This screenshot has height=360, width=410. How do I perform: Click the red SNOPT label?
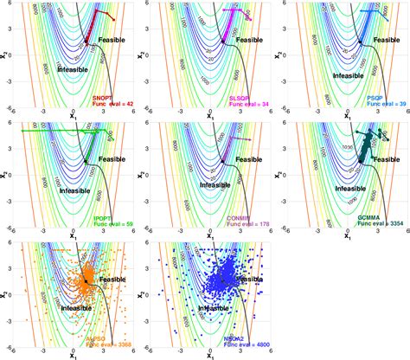pyautogui.click(x=103, y=97)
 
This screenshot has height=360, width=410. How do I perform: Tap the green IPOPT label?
pyautogui.click(x=103, y=217)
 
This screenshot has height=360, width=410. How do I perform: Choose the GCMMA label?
pyautogui.click(x=375, y=217)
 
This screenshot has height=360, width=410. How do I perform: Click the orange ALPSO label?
pyautogui.click(x=103, y=337)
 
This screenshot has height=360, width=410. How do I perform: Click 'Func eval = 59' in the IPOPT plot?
pyautogui.click(x=109, y=224)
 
